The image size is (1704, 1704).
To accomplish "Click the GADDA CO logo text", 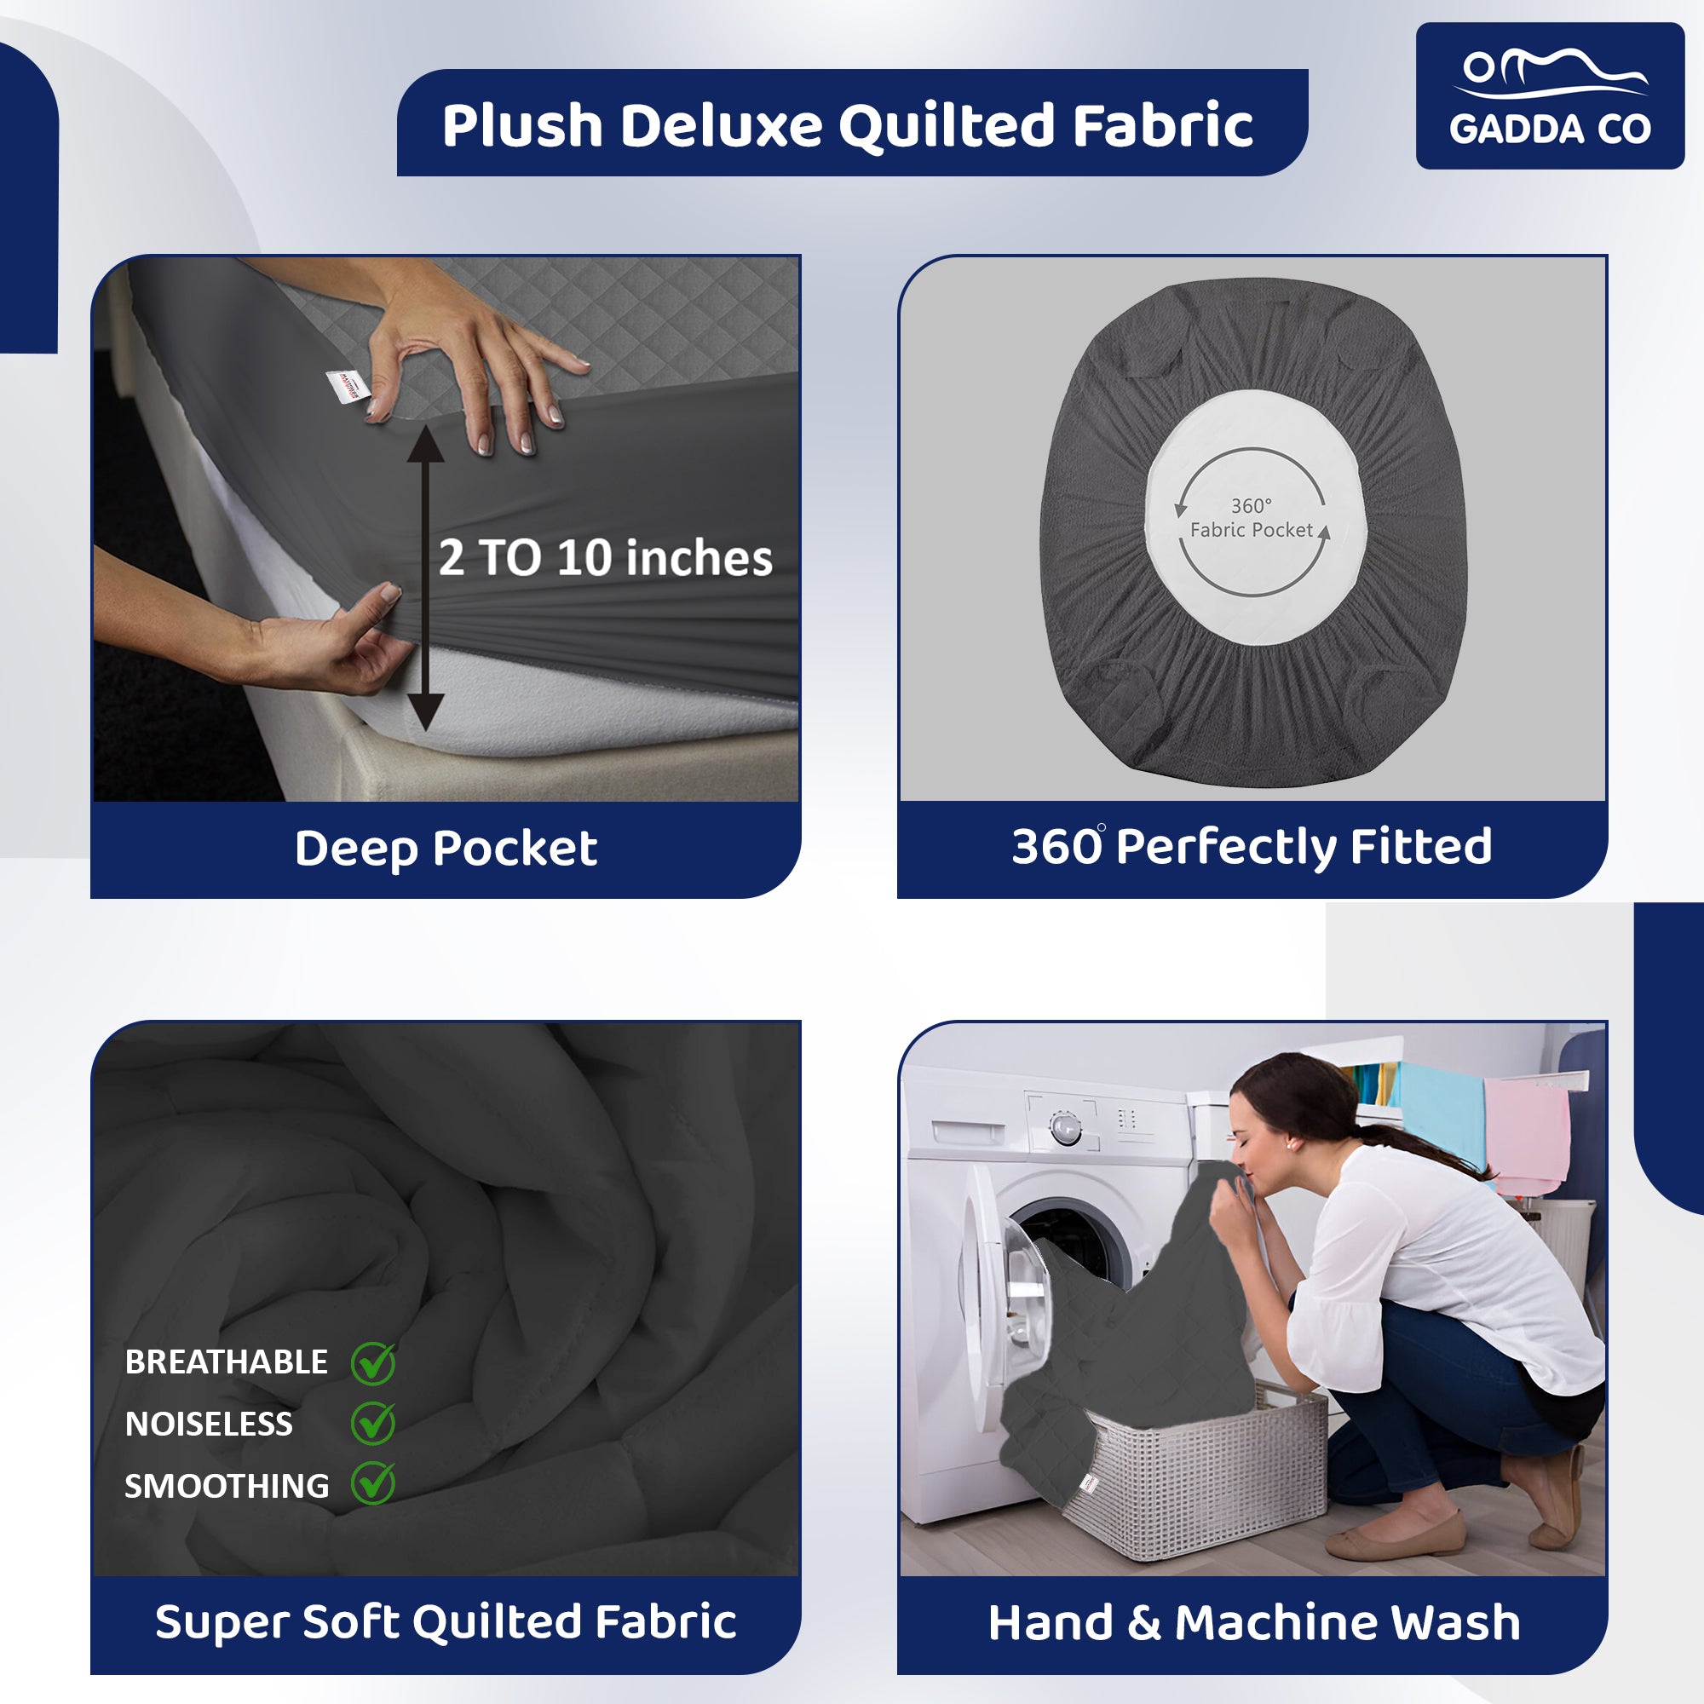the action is (x=1550, y=129).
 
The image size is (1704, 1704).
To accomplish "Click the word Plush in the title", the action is (x=522, y=124).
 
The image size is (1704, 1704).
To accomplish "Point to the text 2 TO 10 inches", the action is (x=605, y=557).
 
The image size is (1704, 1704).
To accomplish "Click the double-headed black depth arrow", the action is (x=425, y=578).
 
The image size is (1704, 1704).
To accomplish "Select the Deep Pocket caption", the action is (x=446, y=849).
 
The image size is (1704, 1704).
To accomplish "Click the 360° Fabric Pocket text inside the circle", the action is (x=1252, y=518).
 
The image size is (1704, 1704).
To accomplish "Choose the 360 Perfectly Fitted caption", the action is (x=1252, y=847).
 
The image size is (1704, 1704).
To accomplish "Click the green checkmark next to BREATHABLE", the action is (x=373, y=1362).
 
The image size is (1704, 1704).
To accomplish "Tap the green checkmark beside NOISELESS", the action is (x=373, y=1423).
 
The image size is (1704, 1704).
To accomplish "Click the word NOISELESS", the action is (x=208, y=1425).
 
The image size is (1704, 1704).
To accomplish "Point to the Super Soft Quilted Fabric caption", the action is (x=446, y=1621).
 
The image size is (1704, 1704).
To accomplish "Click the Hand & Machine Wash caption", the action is (x=1254, y=1622).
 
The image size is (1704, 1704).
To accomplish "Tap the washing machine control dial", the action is (x=1066, y=1128).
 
